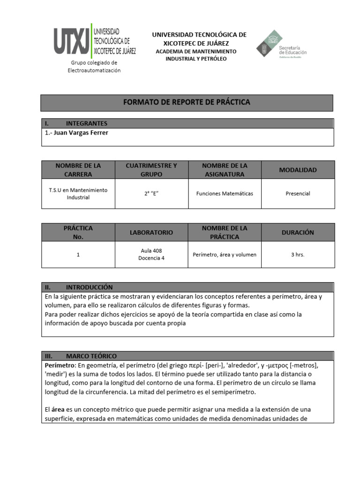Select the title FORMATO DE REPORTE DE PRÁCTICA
click(187, 102)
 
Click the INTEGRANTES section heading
click(86, 124)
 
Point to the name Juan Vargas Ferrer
click(81, 133)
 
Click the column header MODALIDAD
click(298, 170)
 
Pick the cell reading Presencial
click(298, 194)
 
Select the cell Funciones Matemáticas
click(225, 194)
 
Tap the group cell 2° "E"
click(151, 194)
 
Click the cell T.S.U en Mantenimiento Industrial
click(78, 194)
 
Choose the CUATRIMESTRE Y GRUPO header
click(151, 170)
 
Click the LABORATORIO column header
click(151, 232)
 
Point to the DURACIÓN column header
click(298, 232)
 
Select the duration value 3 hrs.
click(298, 255)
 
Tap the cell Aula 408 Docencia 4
click(151, 255)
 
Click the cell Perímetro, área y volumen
click(225, 255)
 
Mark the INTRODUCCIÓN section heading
click(89, 287)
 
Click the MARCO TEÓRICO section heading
click(91, 356)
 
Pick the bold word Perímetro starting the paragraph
click(60, 365)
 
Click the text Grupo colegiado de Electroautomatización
click(94, 67)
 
